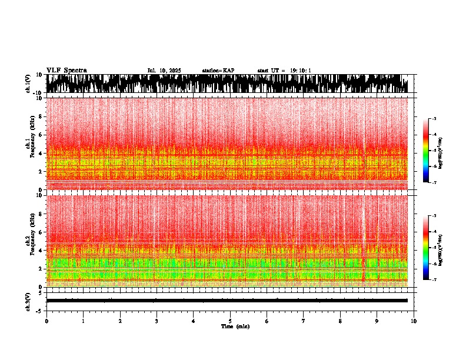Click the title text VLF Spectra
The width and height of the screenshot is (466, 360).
(66, 71)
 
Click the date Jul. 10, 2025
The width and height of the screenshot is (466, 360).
(164, 71)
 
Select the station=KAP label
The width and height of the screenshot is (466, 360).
(218, 71)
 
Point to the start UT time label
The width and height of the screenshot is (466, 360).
(284, 71)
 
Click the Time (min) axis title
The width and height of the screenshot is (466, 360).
(235, 326)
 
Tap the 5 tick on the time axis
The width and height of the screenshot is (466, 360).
(230, 321)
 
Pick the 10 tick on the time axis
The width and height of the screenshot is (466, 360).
(414, 321)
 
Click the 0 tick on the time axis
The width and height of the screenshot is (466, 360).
(46, 321)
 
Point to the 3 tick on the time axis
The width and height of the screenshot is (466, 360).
(157, 321)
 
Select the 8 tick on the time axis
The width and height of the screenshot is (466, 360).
(340, 321)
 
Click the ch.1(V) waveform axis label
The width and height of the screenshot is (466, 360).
(28, 84)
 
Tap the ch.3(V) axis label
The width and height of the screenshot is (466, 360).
(28, 301)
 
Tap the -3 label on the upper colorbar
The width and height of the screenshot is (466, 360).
(434, 119)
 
